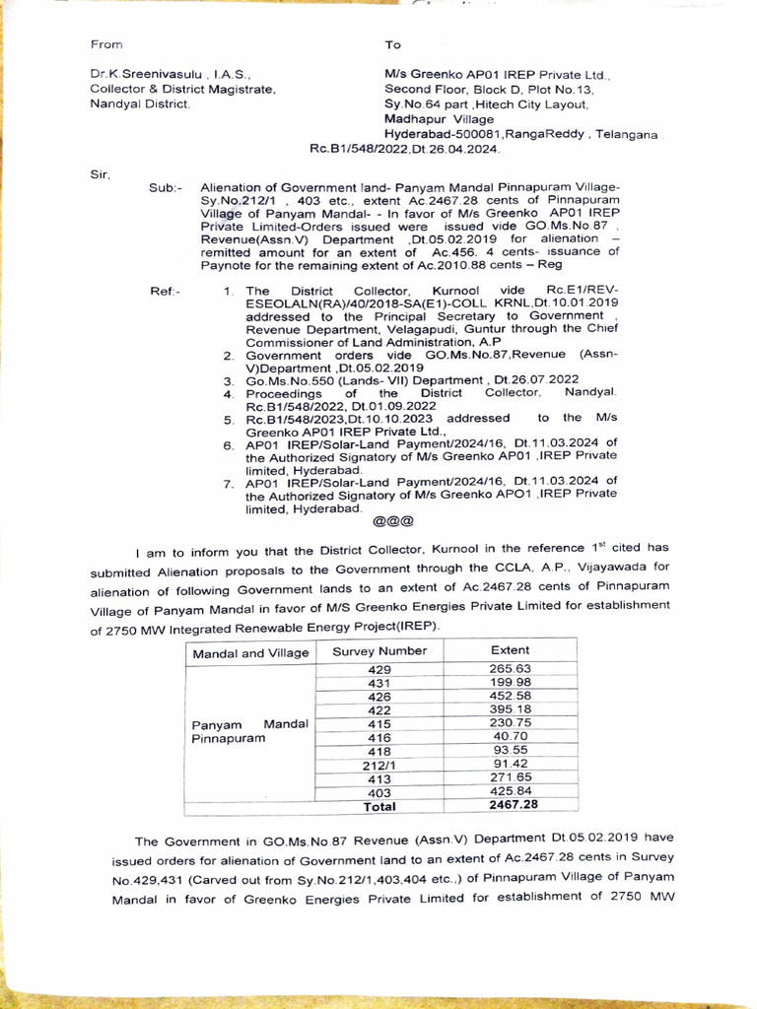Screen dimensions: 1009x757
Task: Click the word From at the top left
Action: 105,44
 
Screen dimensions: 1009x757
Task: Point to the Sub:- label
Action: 165,187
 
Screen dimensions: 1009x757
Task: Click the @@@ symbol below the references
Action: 392,522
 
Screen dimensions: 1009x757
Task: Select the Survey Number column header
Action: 379,651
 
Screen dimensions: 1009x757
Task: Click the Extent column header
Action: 510,650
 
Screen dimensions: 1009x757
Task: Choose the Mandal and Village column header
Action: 250,653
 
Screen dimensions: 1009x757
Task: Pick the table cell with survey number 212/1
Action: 379,765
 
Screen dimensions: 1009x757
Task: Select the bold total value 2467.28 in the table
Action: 513,805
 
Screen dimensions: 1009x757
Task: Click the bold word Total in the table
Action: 379,806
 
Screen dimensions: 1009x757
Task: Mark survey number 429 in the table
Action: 379,670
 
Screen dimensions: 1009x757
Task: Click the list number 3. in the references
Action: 228,380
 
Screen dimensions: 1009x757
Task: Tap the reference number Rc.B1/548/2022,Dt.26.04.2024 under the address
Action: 405,149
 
